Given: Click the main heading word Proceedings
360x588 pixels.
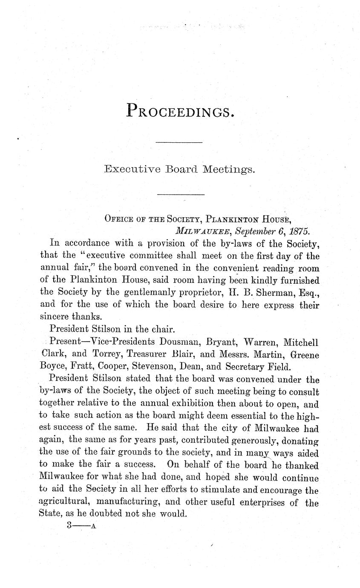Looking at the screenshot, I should [x=181, y=111].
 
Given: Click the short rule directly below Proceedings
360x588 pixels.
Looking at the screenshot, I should [x=179, y=142].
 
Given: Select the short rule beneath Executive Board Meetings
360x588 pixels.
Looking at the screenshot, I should [x=181, y=195].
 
